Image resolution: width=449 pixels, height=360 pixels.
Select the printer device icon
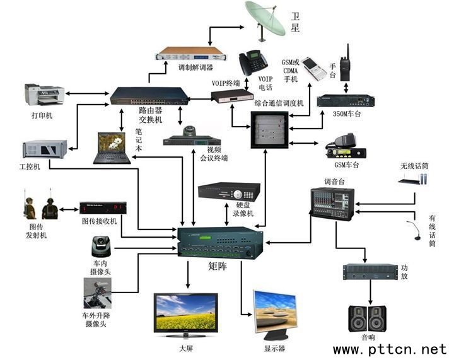(x=44, y=95)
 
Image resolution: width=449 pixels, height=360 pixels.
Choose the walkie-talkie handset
(x=345, y=62)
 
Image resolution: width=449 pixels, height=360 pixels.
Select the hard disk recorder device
(x=228, y=191)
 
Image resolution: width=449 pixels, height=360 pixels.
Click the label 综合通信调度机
(x=279, y=102)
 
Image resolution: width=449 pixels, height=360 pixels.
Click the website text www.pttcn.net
(x=389, y=349)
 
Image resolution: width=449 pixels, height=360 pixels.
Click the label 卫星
(x=294, y=22)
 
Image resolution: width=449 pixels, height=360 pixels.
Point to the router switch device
(x=149, y=95)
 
